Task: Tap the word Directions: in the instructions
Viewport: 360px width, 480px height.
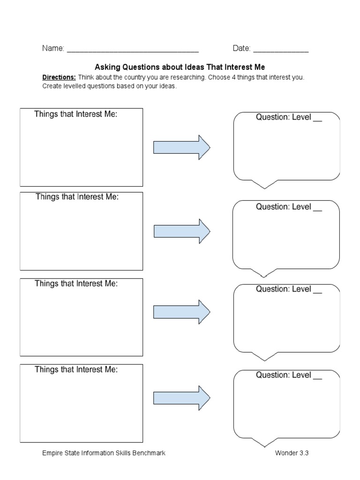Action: (x=59, y=77)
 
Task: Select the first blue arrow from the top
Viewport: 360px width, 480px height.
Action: (x=182, y=148)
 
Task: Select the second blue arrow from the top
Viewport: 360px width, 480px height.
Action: (x=182, y=231)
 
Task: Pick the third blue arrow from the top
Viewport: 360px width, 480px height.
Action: (x=182, y=312)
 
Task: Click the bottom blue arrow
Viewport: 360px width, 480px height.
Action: (x=182, y=398)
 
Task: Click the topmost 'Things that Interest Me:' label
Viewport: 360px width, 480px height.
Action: (x=75, y=114)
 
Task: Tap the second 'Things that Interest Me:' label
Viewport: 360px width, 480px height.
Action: (x=77, y=197)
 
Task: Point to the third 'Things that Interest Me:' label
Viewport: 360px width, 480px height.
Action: (x=76, y=284)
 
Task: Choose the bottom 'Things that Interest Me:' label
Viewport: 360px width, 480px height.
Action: (x=76, y=369)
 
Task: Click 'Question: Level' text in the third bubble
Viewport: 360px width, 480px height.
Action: (x=283, y=289)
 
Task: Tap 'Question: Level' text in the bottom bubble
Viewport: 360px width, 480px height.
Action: (x=283, y=375)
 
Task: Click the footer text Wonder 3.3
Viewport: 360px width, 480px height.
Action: (x=292, y=453)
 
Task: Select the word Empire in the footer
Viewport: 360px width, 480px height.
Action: (x=52, y=453)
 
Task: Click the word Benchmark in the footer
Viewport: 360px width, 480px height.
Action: (x=149, y=453)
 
